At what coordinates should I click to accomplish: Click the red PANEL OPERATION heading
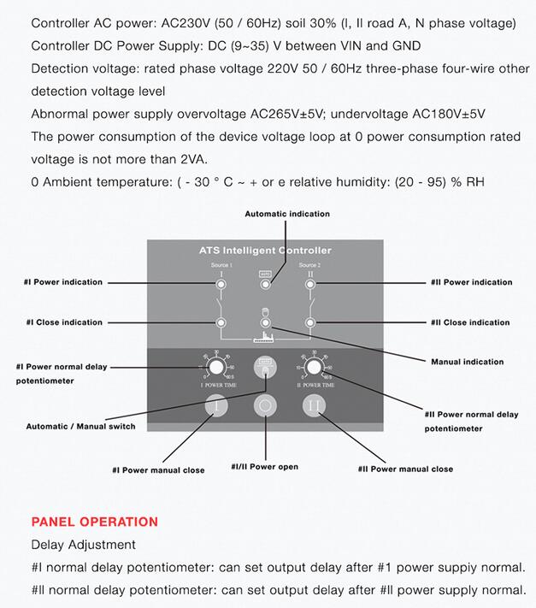point(95,522)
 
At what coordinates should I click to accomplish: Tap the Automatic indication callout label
point(287,214)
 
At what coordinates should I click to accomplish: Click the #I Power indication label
point(63,282)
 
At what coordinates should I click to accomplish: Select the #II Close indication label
point(470,322)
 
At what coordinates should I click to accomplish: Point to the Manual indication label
point(468,362)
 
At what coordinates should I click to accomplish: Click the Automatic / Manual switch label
point(80,426)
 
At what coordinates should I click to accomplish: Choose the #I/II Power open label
point(265,467)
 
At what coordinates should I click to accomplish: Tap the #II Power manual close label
point(405,469)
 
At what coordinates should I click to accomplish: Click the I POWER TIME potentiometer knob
point(217,368)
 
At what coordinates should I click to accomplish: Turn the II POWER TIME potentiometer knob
point(315,368)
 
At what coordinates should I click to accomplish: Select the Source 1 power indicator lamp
point(221,284)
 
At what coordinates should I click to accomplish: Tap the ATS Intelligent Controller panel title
point(265,251)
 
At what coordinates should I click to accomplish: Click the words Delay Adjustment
point(83,545)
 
